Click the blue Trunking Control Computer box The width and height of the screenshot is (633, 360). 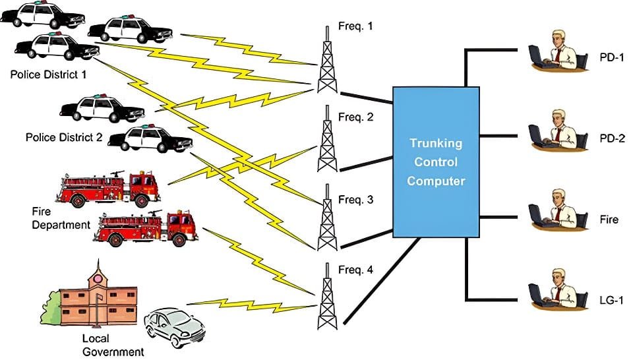(x=436, y=162)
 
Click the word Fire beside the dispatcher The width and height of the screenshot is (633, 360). (x=609, y=219)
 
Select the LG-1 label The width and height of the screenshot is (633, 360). (x=613, y=300)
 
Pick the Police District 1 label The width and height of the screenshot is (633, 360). (x=48, y=75)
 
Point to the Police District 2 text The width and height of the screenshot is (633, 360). (x=64, y=138)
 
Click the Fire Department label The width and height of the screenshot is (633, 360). (x=61, y=218)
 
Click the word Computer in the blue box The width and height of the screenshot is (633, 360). (x=436, y=181)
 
